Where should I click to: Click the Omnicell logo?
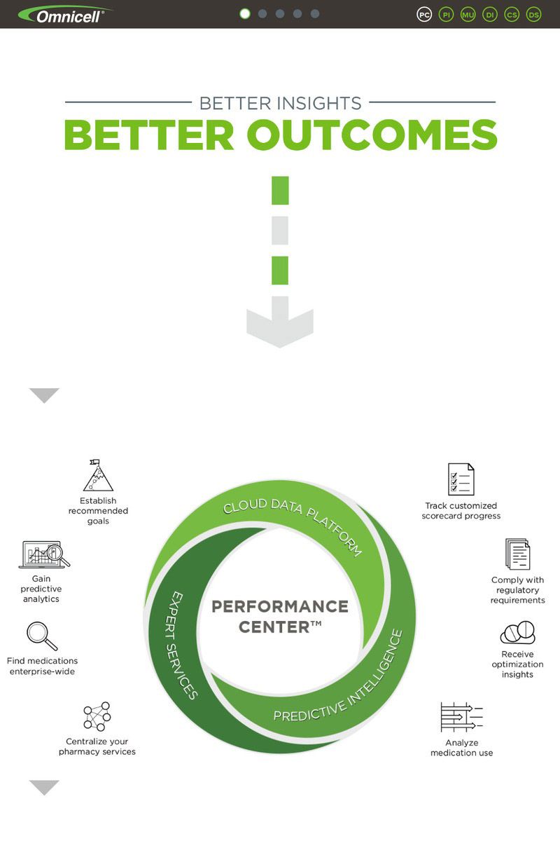[65, 15]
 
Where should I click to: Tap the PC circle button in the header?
[424, 15]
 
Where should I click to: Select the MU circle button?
[468, 15]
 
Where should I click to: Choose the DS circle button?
[533, 15]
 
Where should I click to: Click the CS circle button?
[512, 15]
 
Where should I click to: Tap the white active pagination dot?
[245, 14]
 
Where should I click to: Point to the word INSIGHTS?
[318, 104]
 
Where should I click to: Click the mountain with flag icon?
[99, 475]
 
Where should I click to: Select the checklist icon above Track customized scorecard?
[461, 479]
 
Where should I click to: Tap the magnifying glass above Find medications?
[42, 636]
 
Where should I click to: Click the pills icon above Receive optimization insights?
[518, 632]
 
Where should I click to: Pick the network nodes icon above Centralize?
[97, 716]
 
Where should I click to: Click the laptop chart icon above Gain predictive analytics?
[44, 554]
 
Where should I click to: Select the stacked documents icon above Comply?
[517, 554]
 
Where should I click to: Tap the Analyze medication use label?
[461, 748]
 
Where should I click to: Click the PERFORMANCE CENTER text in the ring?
[280, 617]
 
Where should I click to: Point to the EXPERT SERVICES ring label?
[181, 645]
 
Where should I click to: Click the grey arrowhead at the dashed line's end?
[280, 322]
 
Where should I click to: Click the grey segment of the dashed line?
[280, 231]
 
